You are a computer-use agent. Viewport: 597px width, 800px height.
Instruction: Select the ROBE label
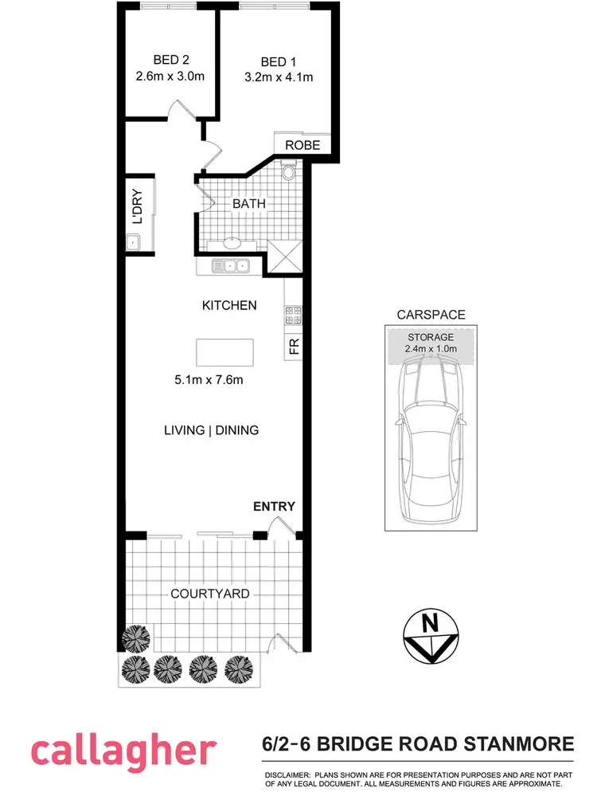pos(302,145)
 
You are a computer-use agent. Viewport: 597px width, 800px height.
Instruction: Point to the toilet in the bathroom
pos(288,170)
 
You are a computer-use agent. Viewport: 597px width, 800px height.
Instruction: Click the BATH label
pos(248,204)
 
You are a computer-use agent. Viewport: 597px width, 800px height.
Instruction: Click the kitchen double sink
pos(230,266)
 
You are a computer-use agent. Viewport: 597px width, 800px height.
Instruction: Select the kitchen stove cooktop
pos(292,316)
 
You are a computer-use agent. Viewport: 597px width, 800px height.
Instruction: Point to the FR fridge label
pos(294,347)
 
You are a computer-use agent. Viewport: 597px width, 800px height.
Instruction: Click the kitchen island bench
pos(225,351)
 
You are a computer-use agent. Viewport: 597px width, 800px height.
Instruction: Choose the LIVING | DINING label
pos(212,430)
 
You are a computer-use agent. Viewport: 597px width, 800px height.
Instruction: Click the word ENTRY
pos(274,506)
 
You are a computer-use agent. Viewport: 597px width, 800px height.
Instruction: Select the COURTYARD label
pos(210,594)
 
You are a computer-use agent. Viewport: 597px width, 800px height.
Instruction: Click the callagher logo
pos(123,751)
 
